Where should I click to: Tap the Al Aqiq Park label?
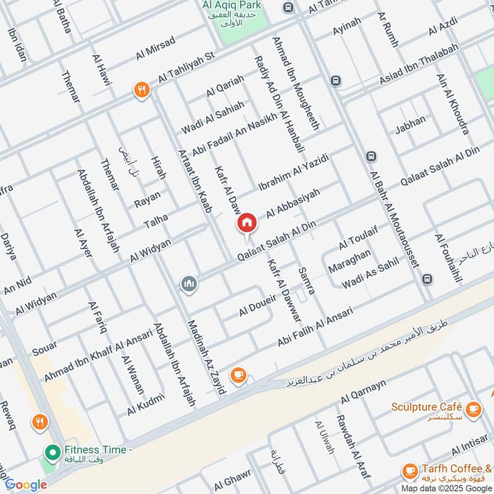(231, 6)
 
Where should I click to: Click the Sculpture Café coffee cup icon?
(473, 408)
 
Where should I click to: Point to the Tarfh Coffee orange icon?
(409, 471)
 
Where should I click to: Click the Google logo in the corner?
(26, 485)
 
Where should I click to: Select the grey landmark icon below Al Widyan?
(189, 283)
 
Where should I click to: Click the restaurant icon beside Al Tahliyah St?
(141, 90)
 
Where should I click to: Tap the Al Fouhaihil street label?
(448, 257)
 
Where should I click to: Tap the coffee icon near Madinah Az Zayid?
(238, 374)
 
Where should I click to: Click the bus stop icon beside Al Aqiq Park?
(288, 7)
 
